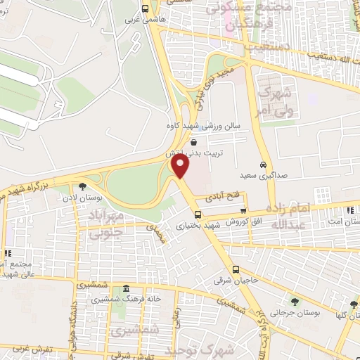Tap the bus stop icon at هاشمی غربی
[x=145, y=10]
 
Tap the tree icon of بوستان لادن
[x=84, y=187]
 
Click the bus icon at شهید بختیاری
[x=198, y=214]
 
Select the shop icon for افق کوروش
[x=243, y=211]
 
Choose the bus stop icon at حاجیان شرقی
[x=236, y=270]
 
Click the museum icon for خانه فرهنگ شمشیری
[x=126, y=289]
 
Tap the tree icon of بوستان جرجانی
[x=294, y=302]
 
